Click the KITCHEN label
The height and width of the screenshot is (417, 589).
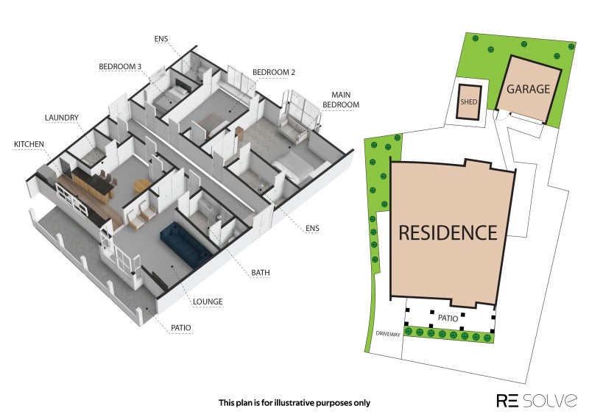pyautogui.click(x=29, y=144)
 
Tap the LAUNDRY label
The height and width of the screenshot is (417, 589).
pyautogui.click(x=62, y=118)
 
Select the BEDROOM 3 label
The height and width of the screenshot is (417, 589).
pyautogui.click(x=120, y=67)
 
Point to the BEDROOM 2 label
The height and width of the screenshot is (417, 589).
pyautogui.click(x=273, y=72)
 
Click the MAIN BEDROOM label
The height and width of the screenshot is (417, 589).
pyautogui.click(x=341, y=100)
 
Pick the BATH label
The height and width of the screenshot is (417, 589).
pyautogui.click(x=261, y=273)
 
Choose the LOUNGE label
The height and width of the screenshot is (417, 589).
pyautogui.click(x=208, y=302)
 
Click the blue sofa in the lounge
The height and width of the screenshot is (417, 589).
pyautogui.click(x=186, y=245)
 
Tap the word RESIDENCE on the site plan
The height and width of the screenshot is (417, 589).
pyautogui.click(x=448, y=232)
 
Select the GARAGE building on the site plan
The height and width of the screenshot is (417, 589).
pyautogui.click(x=529, y=89)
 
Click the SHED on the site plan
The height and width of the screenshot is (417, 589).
pyautogui.click(x=469, y=102)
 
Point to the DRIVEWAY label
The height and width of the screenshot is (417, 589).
pyautogui.click(x=388, y=334)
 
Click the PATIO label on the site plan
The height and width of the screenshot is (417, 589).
pyautogui.click(x=448, y=318)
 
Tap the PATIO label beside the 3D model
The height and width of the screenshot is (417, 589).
pyautogui.click(x=180, y=328)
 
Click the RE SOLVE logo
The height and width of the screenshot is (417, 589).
pyautogui.click(x=537, y=401)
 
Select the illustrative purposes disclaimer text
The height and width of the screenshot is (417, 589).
pyautogui.click(x=294, y=403)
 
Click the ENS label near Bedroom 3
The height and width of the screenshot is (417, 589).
pyautogui.click(x=161, y=39)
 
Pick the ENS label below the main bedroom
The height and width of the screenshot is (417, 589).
pyautogui.click(x=312, y=228)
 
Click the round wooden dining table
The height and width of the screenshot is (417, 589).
pyautogui.click(x=142, y=185)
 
